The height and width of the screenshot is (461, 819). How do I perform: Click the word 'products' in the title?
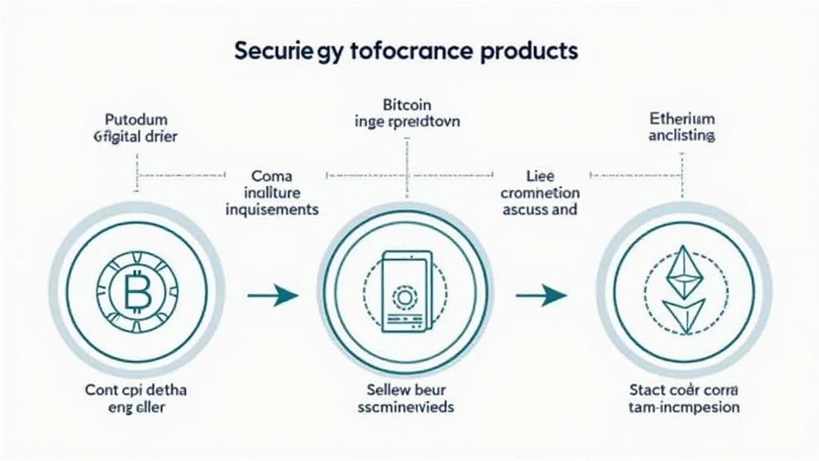point(527,50)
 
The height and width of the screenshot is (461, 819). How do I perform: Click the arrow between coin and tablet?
point(273,295)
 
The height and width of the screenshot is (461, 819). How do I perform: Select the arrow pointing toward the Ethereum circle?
point(541,295)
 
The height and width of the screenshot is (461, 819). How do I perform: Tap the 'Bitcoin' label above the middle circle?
point(407,104)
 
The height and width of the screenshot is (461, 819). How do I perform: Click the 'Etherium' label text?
point(682,118)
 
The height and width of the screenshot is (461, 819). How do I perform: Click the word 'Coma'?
point(272,175)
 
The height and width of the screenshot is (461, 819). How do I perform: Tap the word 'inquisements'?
point(272,210)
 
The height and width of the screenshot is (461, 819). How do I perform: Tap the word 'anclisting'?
point(682,136)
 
